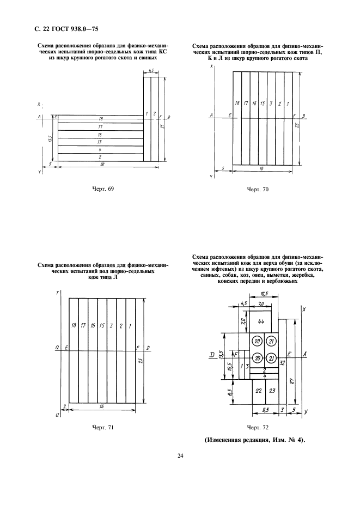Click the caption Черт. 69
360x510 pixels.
pos(103,189)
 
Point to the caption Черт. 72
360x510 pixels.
pos(258,427)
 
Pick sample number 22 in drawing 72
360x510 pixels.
pos(258,391)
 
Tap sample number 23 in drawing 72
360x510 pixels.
pos(272,391)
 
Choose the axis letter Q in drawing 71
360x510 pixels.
pos(57,347)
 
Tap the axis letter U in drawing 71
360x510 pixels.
pos(57,415)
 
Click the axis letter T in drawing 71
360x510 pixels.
pos(57,294)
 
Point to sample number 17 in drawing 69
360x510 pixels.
pos(101,126)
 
